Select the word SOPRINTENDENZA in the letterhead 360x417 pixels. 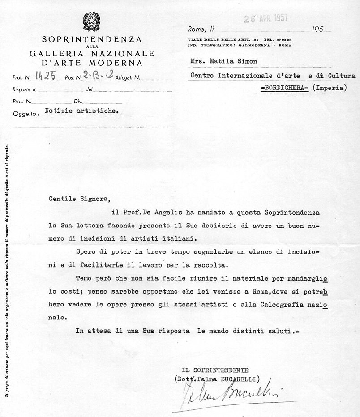point(92,39)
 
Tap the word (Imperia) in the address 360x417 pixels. point(330,88)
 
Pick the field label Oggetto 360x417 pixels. point(26,114)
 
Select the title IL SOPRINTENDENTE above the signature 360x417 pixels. point(215,370)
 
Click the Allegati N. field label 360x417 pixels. point(128,78)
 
